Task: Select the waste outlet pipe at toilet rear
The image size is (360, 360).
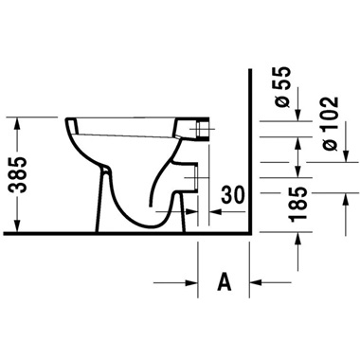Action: (x=197, y=176)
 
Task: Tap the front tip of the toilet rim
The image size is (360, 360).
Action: (x=68, y=123)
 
